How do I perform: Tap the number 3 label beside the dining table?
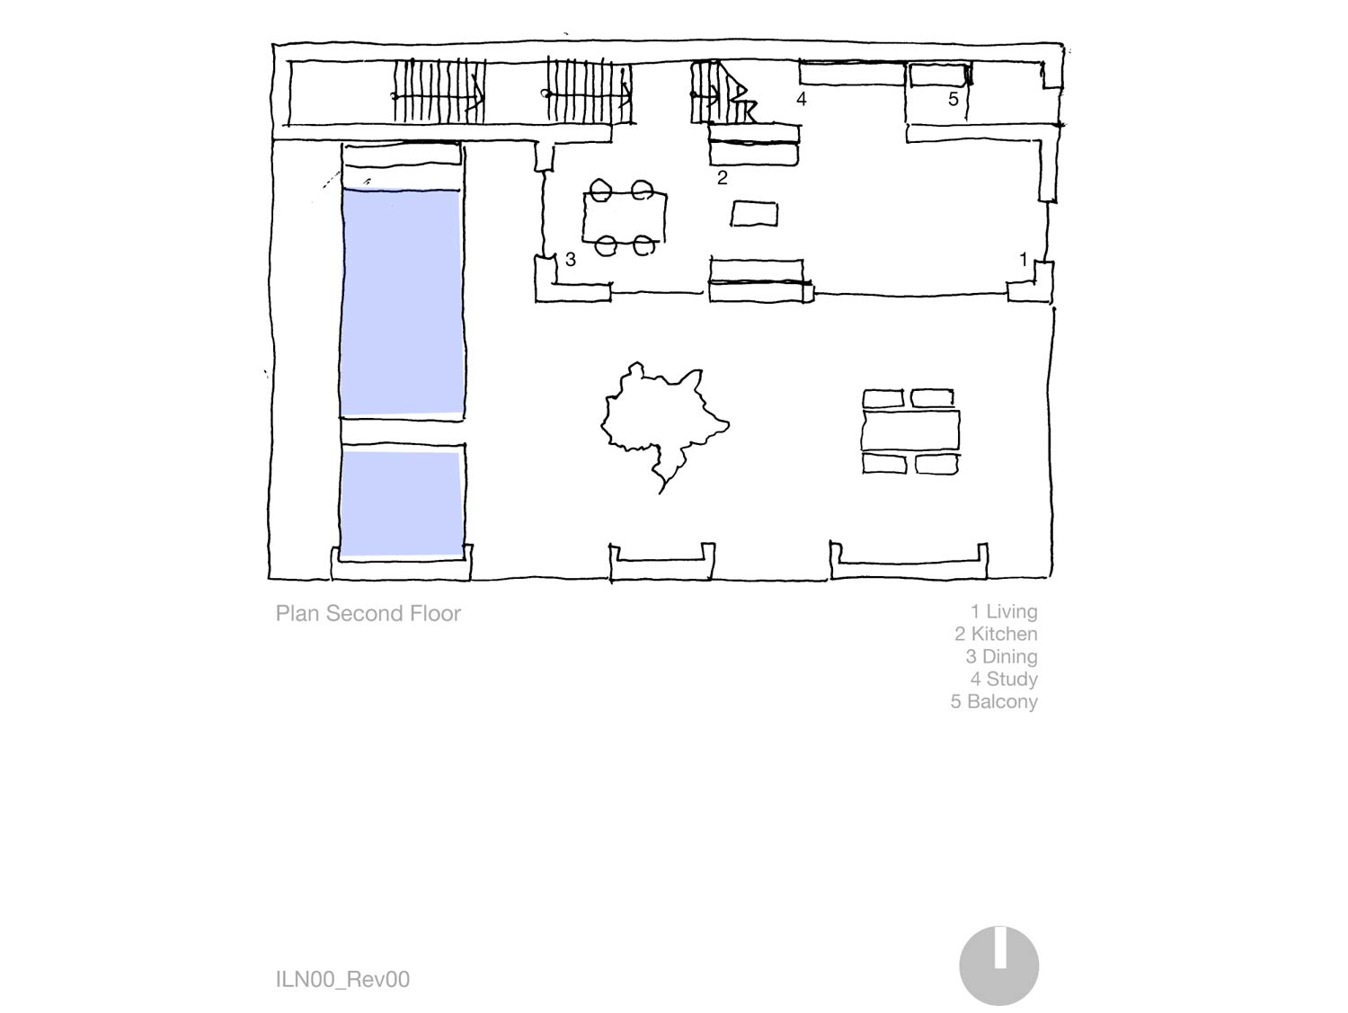[x=571, y=260]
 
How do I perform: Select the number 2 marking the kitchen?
[x=723, y=178]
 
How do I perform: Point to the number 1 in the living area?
[x=1023, y=259]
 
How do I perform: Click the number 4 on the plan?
[x=802, y=99]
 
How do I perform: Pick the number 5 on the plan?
[x=953, y=99]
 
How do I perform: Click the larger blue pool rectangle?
[x=402, y=301]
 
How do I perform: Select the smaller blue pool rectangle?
[x=402, y=504]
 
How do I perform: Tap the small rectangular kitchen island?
[x=754, y=215]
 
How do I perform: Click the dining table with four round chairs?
[x=625, y=218]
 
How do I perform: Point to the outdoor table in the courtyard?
[x=910, y=431]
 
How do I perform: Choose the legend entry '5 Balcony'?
[x=994, y=701]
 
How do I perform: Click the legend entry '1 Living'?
[x=1004, y=611]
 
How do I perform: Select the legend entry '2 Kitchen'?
[x=996, y=634]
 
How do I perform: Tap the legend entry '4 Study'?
[x=1004, y=679]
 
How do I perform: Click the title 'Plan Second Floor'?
[x=368, y=613]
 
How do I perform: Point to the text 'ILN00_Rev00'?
[x=342, y=979]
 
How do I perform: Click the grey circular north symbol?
[x=999, y=965]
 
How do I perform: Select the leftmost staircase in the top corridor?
[x=439, y=93]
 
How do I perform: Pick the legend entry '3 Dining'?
[x=1001, y=657]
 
